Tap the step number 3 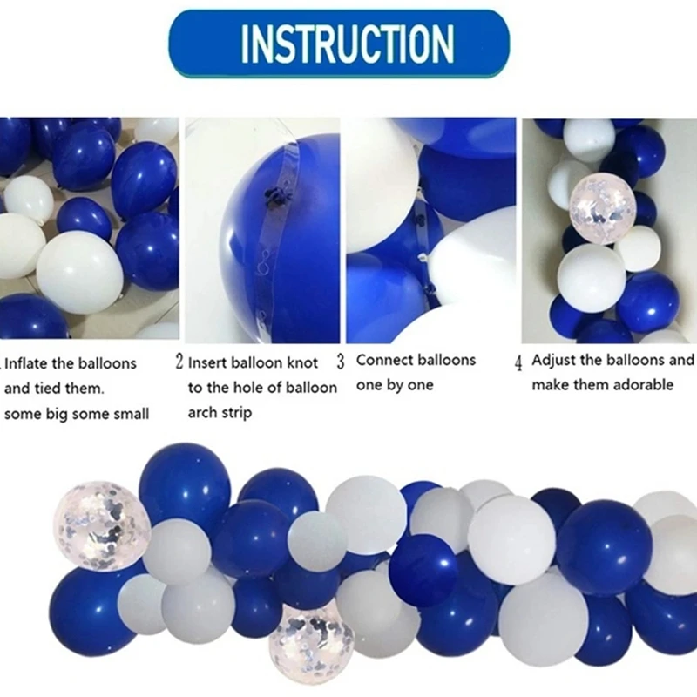pos(341,360)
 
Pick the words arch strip pos(220,412)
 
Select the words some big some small pos(77,414)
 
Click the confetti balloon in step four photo pos(594,200)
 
